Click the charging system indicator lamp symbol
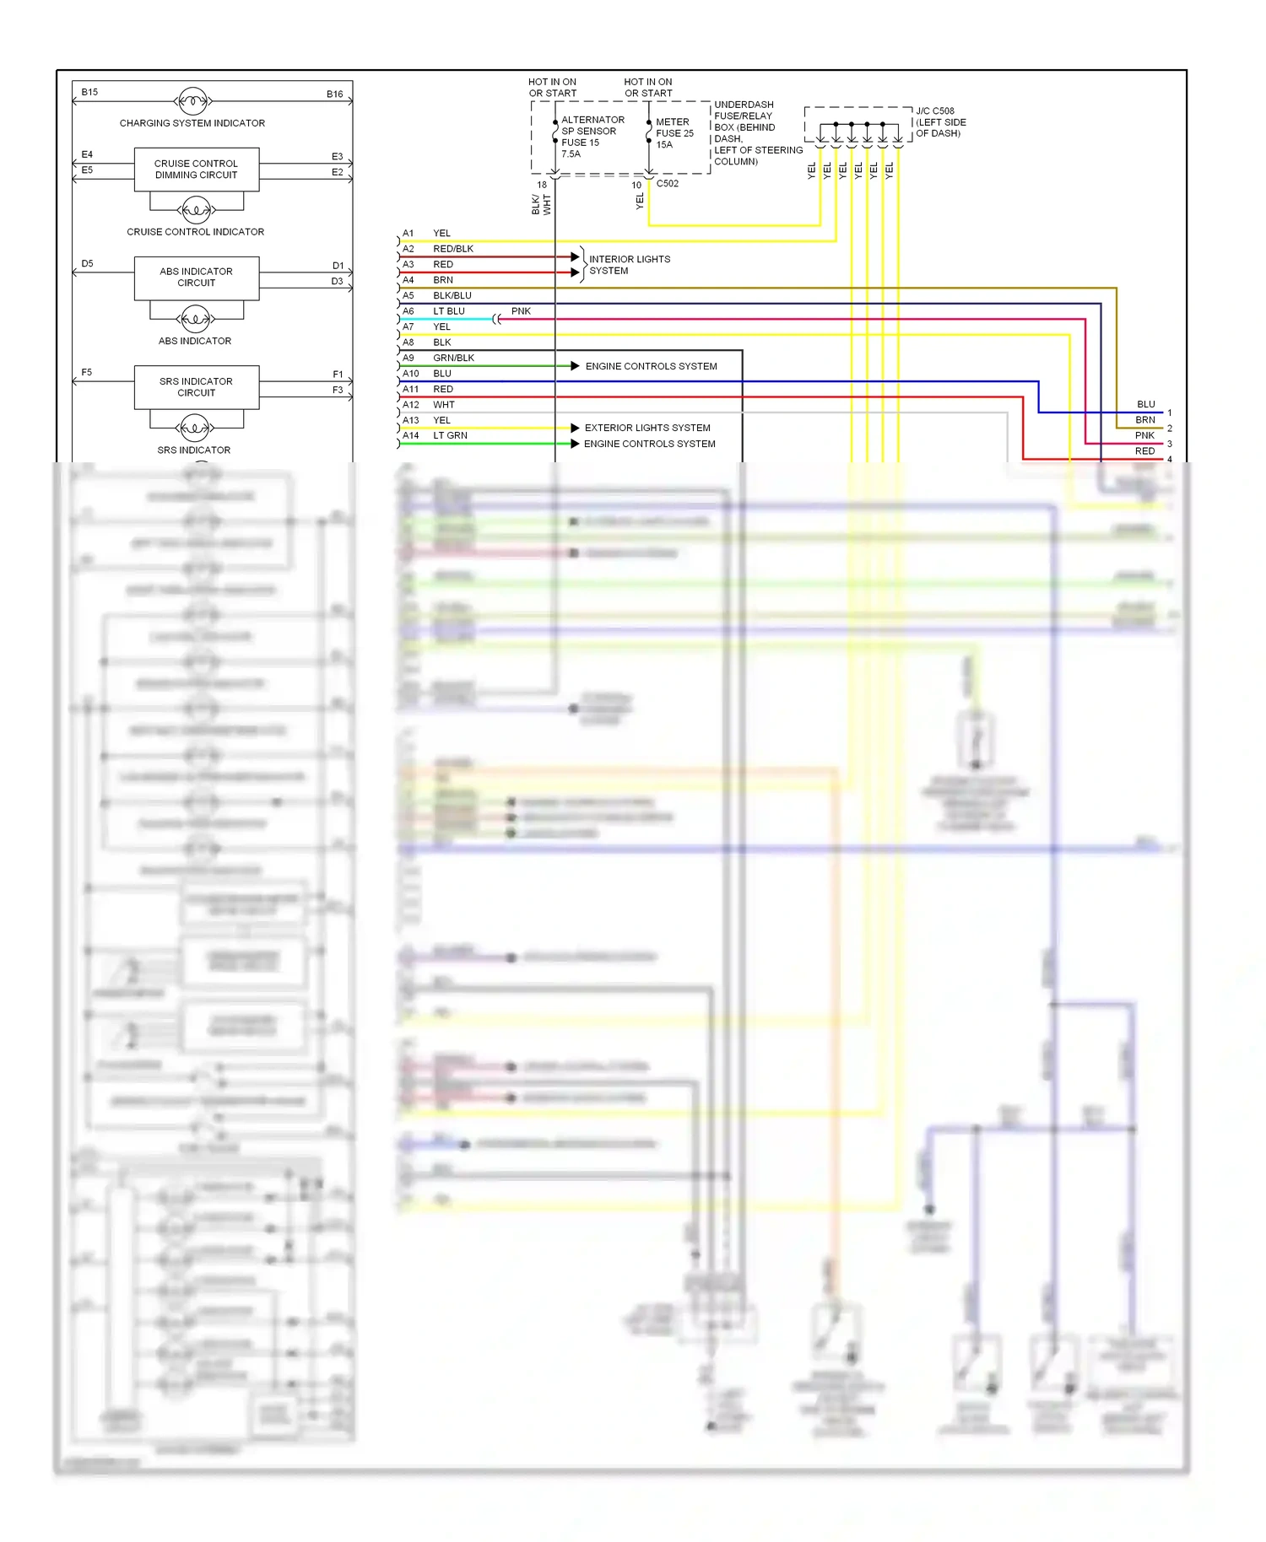[192, 101]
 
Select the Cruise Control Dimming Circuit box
[196, 170]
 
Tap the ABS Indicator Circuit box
[196, 278]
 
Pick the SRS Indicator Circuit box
[196, 387]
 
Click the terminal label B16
[334, 94]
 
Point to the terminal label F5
[86, 372]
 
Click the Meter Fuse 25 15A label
[674, 133]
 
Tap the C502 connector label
[668, 183]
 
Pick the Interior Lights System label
[629, 265]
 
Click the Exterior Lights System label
[647, 428]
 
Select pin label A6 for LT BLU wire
[408, 311]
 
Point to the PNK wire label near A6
[521, 311]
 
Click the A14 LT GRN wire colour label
[450, 435]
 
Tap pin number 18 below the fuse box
[542, 185]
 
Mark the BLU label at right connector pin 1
[1145, 404]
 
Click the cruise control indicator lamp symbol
[196, 209]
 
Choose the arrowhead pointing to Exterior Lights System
[575, 428]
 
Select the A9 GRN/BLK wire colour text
[453, 358]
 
